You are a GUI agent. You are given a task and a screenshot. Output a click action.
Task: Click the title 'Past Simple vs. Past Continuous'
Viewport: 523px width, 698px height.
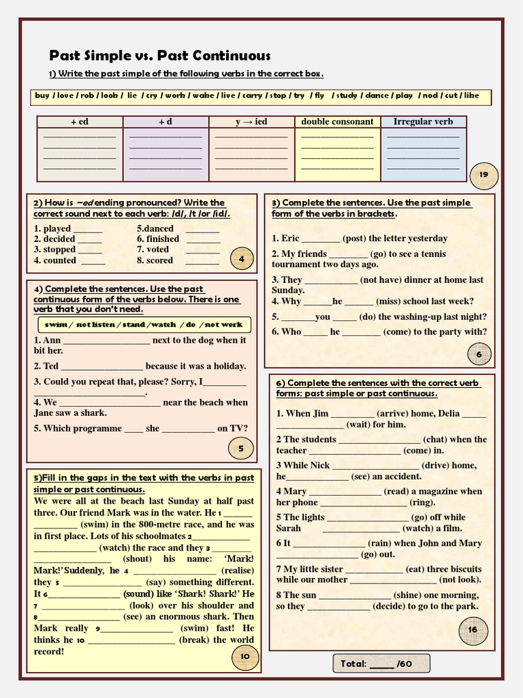pyautogui.click(x=160, y=56)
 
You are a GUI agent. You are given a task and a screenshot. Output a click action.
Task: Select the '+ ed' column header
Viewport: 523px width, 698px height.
pyautogui.click(x=80, y=122)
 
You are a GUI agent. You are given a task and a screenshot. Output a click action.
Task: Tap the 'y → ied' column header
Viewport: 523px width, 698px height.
pyautogui.click(x=251, y=122)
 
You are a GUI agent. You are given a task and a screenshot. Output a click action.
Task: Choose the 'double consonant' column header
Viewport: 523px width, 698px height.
pyautogui.click(x=337, y=122)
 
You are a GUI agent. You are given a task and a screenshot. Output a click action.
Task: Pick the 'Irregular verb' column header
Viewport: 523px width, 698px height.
pyautogui.click(x=423, y=122)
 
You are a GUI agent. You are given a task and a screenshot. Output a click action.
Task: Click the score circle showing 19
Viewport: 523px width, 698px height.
pyautogui.click(x=484, y=175)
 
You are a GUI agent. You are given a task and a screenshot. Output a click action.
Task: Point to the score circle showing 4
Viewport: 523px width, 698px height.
pyautogui.click(x=242, y=259)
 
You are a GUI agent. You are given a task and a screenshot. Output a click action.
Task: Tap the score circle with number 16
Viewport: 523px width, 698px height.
pyautogui.click(x=473, y=630)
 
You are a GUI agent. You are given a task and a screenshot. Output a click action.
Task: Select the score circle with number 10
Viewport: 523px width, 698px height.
pyautogui.click(x=245, y=656)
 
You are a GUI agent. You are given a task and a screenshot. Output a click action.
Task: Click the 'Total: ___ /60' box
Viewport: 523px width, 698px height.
pyautogui.click(x=381, y=663)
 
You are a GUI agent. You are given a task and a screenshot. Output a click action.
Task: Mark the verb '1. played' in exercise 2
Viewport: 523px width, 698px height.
pyautogui.click(x=52, y=229)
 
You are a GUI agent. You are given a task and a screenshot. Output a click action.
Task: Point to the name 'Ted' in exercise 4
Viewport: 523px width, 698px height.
pyautogui.click(x=51, y=366)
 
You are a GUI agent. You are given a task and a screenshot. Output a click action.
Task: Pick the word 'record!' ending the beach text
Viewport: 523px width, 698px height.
pyautogui.click(x=49, y=652)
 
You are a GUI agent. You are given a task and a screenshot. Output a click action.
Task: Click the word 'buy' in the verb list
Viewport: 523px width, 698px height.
pyautogui.click(x=42, y=96)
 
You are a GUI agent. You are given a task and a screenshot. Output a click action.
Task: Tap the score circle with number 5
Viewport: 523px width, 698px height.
pyautogui.click(x=241, y=448)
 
